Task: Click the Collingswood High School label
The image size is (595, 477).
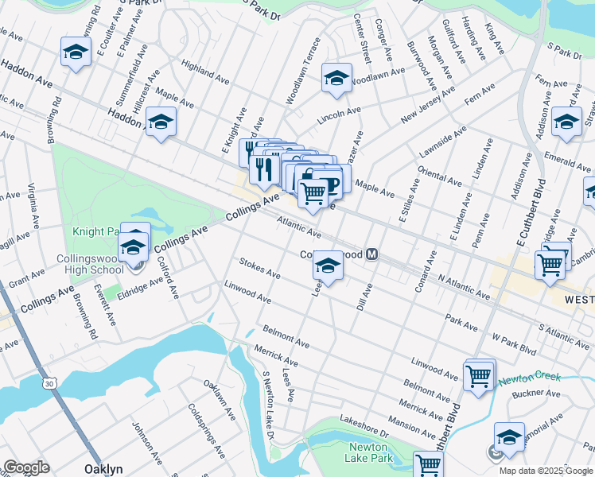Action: [x=89, y=265]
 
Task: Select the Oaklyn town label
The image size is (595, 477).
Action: [x=103, y=469]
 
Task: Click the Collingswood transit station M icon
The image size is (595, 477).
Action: [x=371, y=254]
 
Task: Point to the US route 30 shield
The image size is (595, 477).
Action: [x=50, y=383]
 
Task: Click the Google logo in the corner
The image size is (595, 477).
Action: [x=26, y=467]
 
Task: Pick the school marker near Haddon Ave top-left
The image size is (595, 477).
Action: [x=76, y=53]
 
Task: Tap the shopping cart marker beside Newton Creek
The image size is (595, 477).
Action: [x=479, y=376]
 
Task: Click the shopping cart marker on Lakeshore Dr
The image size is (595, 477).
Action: [x=428, y=464]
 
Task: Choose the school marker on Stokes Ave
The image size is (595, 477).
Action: [x=327, y=266]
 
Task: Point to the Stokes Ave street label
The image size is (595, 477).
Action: [x=259, y=268]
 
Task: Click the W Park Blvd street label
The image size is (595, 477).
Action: [x=515, y=343]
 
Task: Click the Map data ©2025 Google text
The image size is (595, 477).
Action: [x=546, y=471]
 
